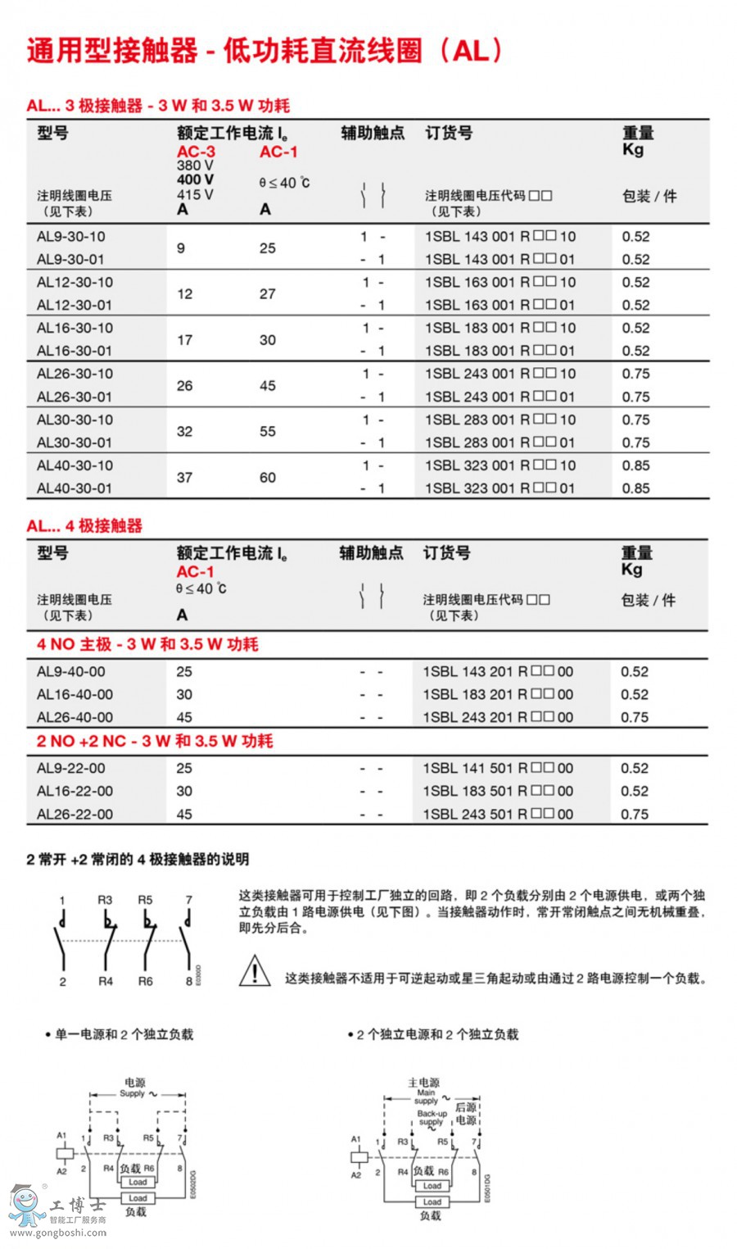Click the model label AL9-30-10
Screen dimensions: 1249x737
click(x=71, y=237)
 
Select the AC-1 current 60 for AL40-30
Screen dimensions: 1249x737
click(x=268, y=477)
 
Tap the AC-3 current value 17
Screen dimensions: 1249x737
click(x=185, y=339)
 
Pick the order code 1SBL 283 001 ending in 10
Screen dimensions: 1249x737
click(x=500, y=420)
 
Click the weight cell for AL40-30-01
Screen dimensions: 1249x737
click(x=635, y=488)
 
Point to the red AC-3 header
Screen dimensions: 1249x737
click(x=196, y=152)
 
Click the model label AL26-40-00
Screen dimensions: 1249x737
click(x=75, y=717)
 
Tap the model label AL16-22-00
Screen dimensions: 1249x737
click(x=75, y=792)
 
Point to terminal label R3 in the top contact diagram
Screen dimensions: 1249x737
click(x=105, y=900)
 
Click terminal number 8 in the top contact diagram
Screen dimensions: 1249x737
click(x=188, y=981)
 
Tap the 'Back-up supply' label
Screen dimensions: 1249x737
click(x=432, y=1118)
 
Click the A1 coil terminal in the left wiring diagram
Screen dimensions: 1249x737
click(x=61, y=1136)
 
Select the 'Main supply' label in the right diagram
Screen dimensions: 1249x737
click(x=426, y=1097)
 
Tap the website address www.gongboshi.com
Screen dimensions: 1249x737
click(x=57, y=1233)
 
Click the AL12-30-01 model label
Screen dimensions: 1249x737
click(x=75, y=305)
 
